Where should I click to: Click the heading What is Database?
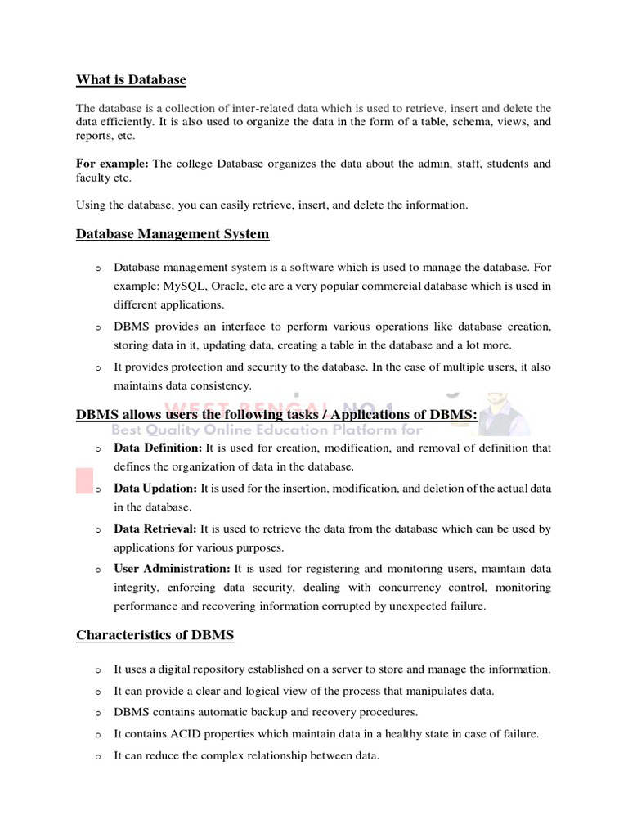[x=131, y=80]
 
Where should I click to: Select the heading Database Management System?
[x=173, y=234]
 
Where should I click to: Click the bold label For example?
[x=112, y=164]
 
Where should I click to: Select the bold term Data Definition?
[x=158, y=448]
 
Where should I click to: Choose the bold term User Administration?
[x=172, y=569]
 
